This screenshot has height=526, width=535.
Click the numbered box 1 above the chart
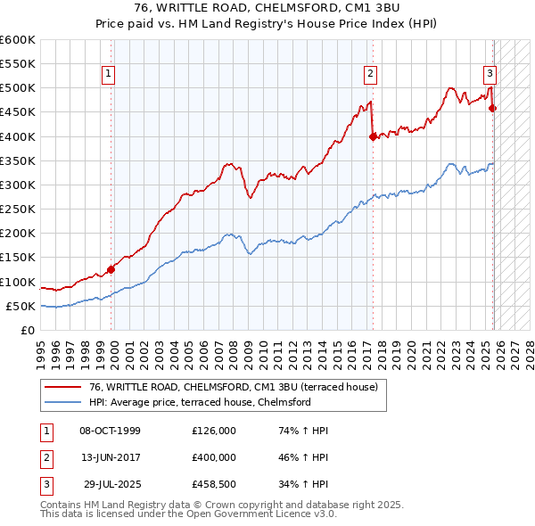coord(107,74)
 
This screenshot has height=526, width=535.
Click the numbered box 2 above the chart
coord(369,74)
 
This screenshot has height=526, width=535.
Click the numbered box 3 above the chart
coord(490,74)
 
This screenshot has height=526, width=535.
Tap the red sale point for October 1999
coord(111,269)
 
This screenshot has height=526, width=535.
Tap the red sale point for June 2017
coord(373,136)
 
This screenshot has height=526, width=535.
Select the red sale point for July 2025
coord(493,109)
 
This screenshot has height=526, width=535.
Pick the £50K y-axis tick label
coord(21,306)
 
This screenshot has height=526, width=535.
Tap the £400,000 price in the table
coord(214,456)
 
